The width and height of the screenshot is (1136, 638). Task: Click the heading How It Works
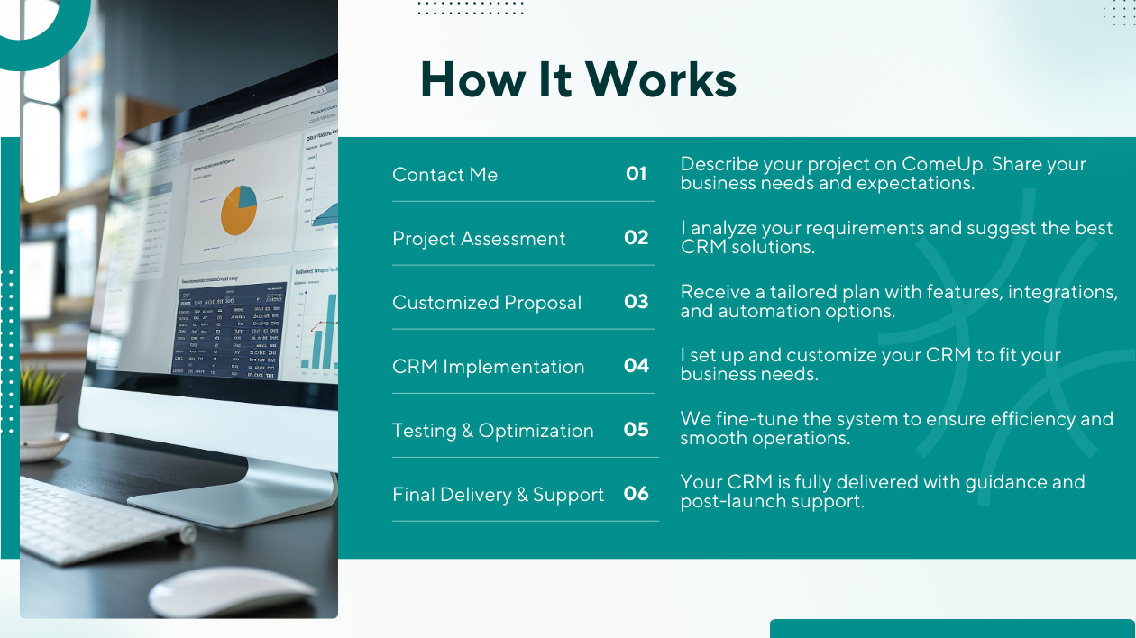click(x=578, y=79)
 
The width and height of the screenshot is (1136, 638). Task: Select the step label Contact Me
click(x=444, y=174)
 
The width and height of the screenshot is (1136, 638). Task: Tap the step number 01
click(x=636, y=174)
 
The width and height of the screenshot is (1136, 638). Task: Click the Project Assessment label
click(x=479, y=239)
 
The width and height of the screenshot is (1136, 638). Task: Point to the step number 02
click(x=636, y=238)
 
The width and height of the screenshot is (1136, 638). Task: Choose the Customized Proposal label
click(x=487, y=303)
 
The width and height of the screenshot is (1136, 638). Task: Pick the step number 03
click(x=636, y=302)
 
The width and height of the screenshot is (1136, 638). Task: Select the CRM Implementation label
click(x=489, y=367)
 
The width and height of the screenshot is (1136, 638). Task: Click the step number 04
click(x=636, y=365)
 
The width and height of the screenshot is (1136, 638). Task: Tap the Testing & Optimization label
click(x=493, y=430)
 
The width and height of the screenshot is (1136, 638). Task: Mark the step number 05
click(x=636, y=429)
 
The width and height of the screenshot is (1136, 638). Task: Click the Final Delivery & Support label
click(x=498, y=494)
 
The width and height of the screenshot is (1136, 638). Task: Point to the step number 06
click(x=636, y=493)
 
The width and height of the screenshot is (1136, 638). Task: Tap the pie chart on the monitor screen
click(x=239, y=210)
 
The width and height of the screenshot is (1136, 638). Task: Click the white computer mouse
click(x=231, y=590)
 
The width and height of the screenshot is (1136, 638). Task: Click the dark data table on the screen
click(x=228, y=331)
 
